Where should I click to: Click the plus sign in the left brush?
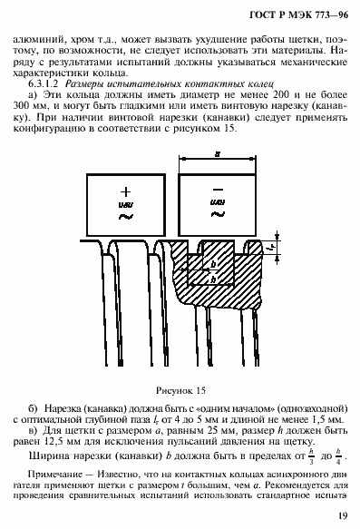pos(125,192)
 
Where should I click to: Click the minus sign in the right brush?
pos(218,193)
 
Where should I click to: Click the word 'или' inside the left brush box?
pos(125,205)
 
